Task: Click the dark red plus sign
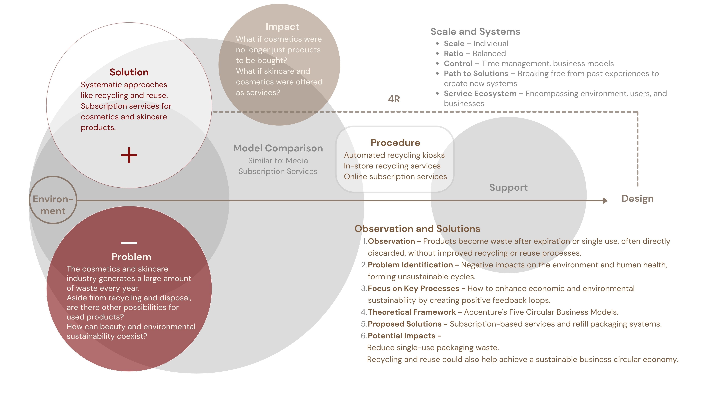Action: (129, 155)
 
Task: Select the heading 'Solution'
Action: (129, 72)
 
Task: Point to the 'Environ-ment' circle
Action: (53, 200)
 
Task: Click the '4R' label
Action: (394, 99)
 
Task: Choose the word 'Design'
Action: (637, 199)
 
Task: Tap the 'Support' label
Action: (508, 187)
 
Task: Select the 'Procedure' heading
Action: (395, 143)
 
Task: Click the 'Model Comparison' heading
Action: (278, 148)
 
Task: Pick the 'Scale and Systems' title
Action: (475, 32)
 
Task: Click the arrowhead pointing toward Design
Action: (605, 201)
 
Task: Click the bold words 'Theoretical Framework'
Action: (411, 312)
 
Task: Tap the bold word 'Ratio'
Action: (453, 53)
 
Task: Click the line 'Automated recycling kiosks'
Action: (394, 155)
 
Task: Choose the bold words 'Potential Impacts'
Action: (401, 336)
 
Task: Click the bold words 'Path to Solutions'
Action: (476, 73)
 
